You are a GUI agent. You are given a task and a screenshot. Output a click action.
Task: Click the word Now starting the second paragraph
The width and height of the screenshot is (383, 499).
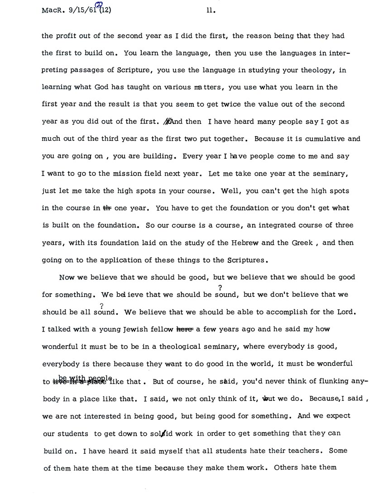pos(67,277)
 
